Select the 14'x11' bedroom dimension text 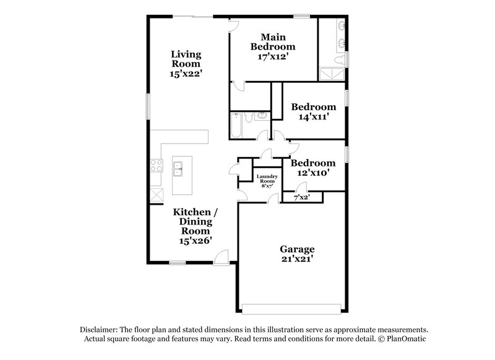click(x=314, y=116)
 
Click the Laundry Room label click(x=267, y=179)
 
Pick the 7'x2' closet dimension click(x=301, y=197)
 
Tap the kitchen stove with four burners click(x=155, y=165)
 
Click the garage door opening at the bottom click(x=291, y=308)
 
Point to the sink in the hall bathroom click(x=262, y=115)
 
